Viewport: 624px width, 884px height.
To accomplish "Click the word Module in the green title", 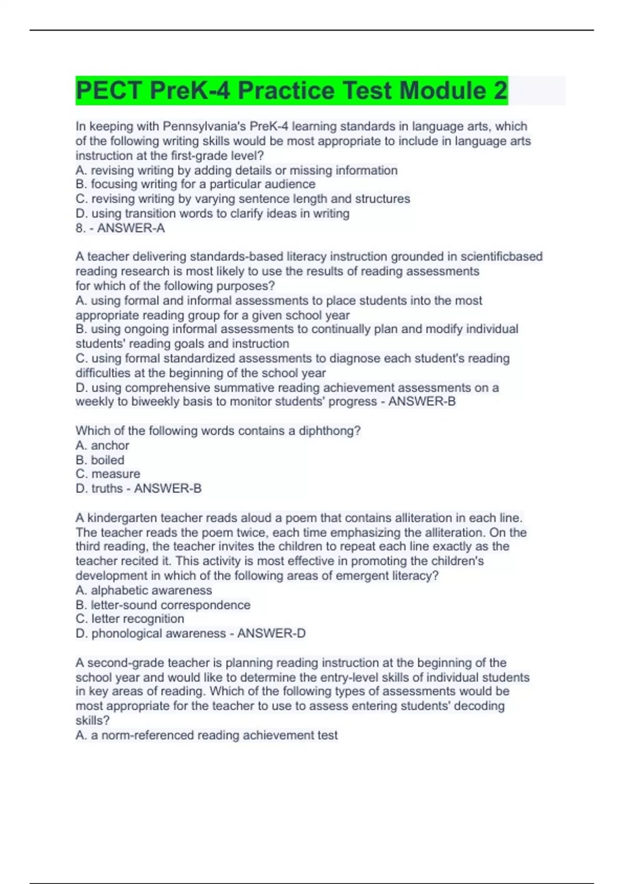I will click(443, 90).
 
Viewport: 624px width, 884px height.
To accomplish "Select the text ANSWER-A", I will click(131, 228).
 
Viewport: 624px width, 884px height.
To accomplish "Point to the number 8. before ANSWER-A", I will click(81, 228).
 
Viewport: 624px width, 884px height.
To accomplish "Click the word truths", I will click(107, 489).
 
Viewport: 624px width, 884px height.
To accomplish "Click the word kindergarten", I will click(123, 518).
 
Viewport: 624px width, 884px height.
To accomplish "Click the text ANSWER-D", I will click(271, 633).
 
